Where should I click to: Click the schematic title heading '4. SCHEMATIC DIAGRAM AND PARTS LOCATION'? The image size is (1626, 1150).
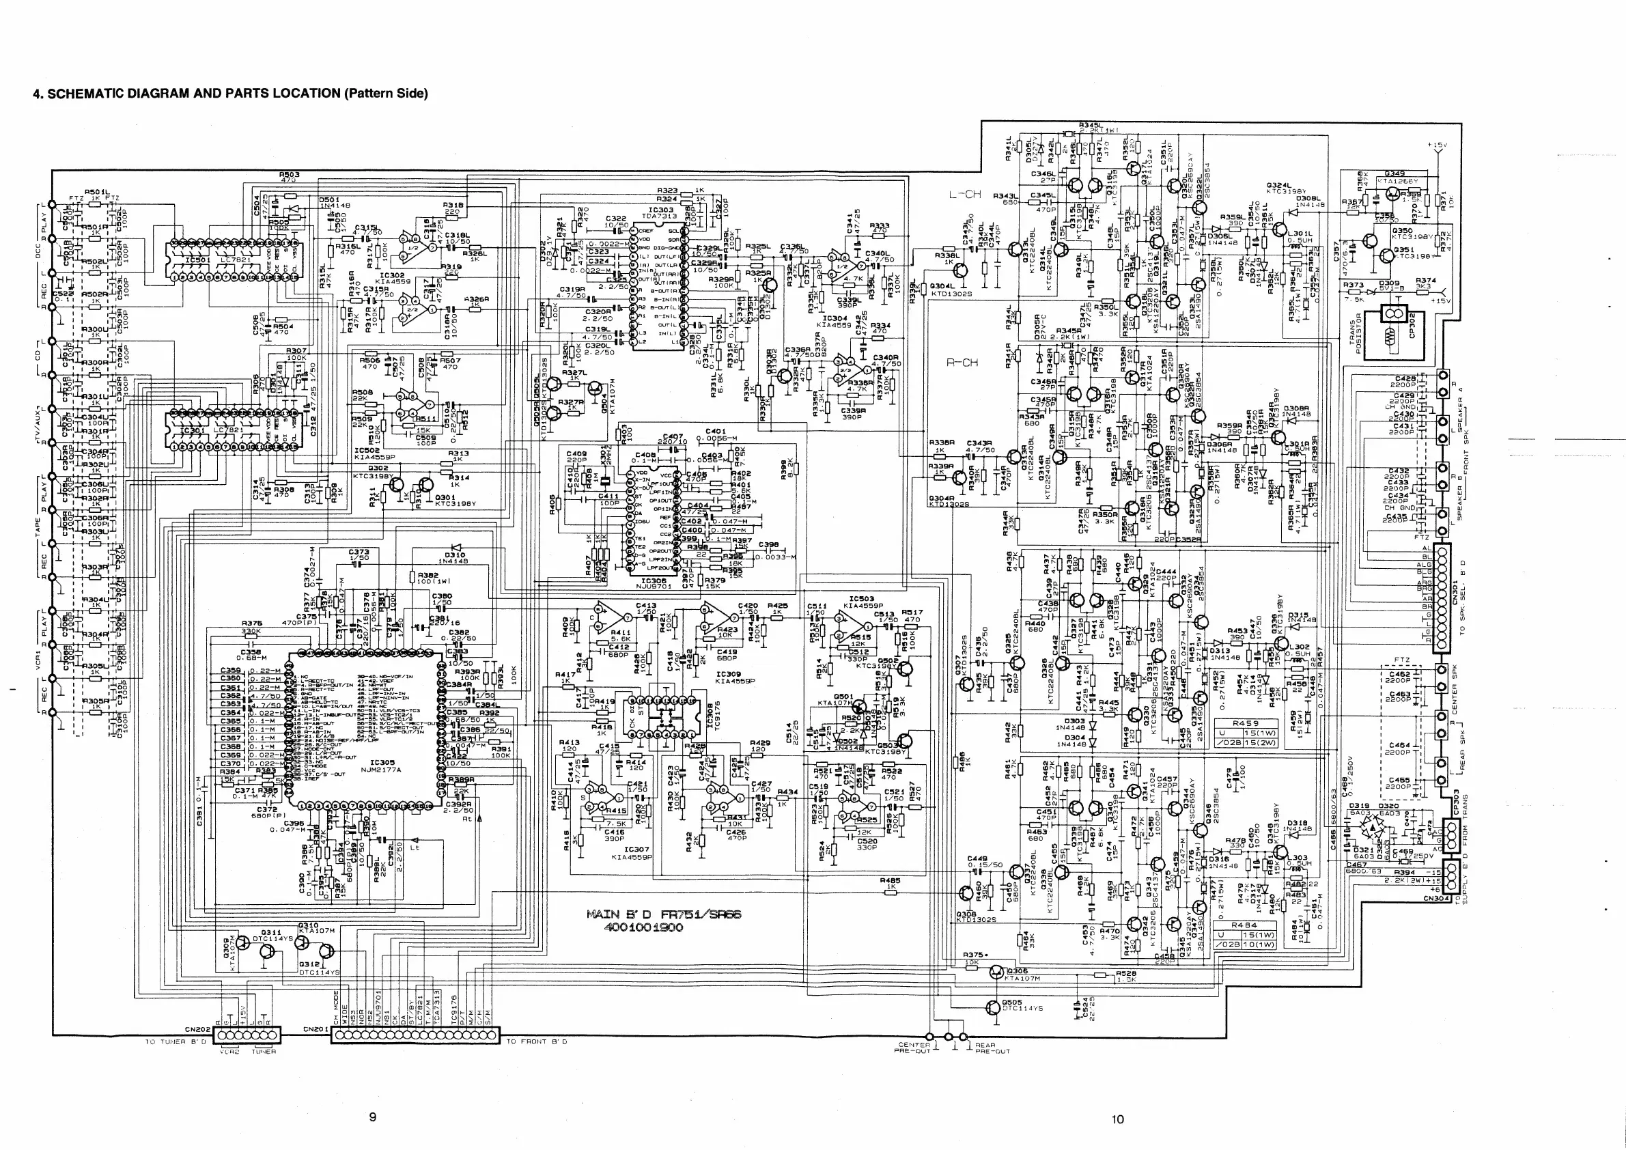coord(231,94)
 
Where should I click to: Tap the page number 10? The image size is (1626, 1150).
coord(1117,1119)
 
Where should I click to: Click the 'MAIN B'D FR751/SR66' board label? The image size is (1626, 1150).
coord(664,914)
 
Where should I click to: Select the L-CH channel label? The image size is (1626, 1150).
coord(964,194)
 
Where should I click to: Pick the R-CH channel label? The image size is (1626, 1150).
coord(962,363)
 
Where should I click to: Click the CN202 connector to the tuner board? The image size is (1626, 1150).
coord(247,1035)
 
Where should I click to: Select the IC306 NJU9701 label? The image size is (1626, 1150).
coord(653,583)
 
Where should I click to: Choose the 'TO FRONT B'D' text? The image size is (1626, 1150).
coord(536,1041)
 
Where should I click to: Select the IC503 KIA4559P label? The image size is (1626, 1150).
coord(861,602)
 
